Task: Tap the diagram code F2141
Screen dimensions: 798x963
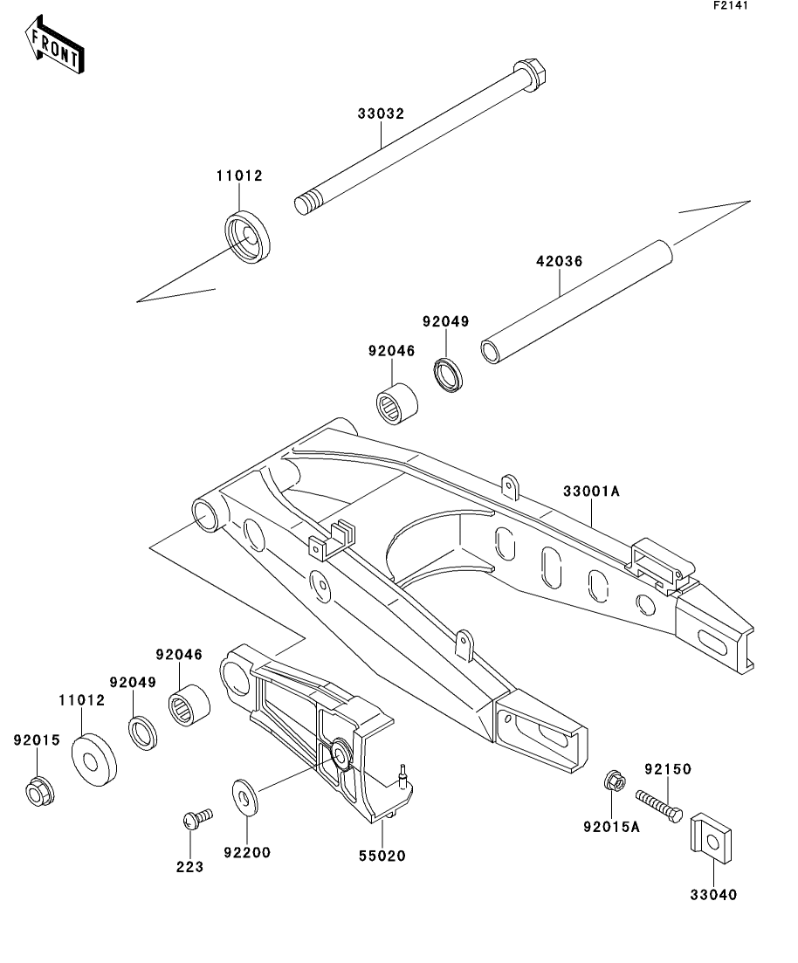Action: [x=731, y=5]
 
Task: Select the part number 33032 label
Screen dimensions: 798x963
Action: [x=381, y=113]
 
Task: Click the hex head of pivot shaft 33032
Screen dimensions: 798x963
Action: [x=530, y=72]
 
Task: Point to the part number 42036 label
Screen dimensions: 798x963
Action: [x=559, y=261]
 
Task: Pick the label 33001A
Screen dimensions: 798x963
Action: [x=592, y=492]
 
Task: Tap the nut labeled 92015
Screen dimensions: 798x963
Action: [x=40, y=791]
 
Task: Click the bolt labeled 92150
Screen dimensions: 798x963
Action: [x=659, y=807]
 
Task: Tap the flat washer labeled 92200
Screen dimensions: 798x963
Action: [x=245, y=798]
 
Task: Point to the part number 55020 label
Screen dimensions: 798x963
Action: [x=382, y=856]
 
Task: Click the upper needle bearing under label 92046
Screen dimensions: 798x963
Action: [x=397, y=402]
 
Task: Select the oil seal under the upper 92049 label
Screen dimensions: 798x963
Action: [x=449, y=374]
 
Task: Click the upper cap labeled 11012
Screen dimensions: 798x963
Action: [x=247, y=237]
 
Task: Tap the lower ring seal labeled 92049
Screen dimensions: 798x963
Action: [x=142, y=733]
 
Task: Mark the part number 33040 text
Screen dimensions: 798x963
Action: [x=713, y=895]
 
